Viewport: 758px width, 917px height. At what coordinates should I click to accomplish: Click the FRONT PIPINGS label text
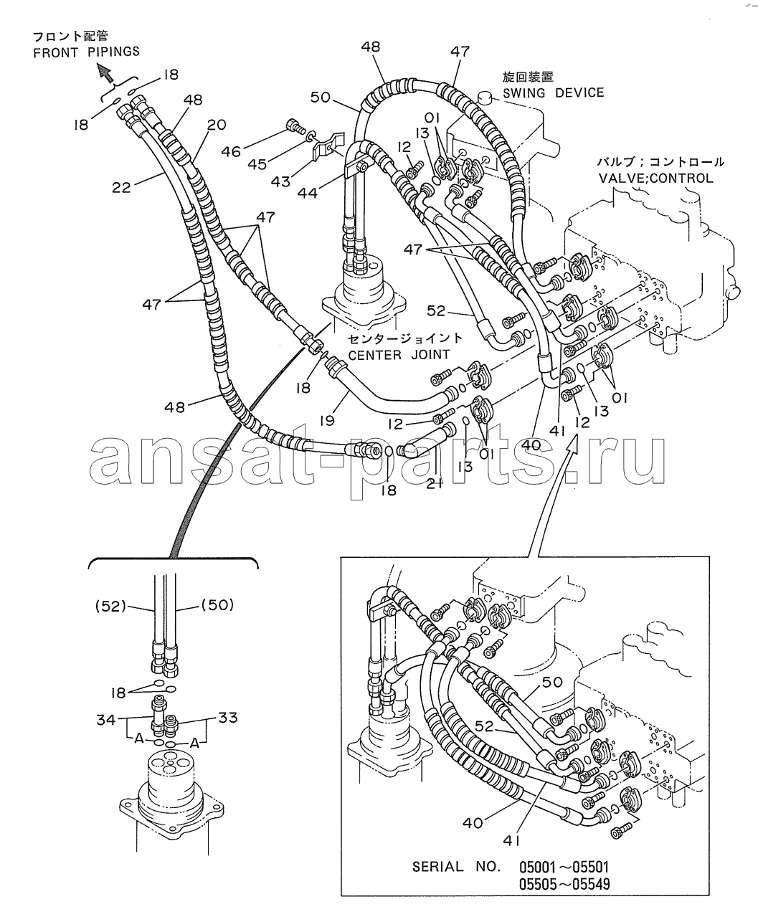point(87,52)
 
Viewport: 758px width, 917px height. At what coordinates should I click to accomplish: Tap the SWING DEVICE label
point(553,92)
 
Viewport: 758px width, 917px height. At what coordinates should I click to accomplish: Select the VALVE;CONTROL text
point(655,179)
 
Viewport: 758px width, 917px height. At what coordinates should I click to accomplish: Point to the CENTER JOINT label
point(399,354)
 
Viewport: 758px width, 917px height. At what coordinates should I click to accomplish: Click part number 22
point(121,188)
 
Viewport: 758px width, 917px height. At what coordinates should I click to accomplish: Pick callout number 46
point(231,152)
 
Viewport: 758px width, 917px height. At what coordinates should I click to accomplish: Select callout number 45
point(257,164)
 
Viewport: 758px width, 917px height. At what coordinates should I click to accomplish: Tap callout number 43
point(281,181)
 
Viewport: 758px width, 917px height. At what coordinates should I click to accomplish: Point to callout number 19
point(327,421)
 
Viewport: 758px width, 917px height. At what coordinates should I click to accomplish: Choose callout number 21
point(435,483)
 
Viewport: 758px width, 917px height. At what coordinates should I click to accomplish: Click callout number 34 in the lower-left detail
point(106,720)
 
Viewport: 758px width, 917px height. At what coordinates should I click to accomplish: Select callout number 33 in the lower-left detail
point(227,718)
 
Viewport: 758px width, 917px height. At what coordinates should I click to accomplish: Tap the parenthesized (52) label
point(110,607)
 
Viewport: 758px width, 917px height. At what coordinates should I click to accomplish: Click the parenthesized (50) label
point(217,605)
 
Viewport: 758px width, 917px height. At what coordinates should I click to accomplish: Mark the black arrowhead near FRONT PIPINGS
point(104,72)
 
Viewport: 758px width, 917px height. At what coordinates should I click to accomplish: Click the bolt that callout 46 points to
point(296,126)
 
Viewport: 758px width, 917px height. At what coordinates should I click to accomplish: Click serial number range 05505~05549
point(564,883)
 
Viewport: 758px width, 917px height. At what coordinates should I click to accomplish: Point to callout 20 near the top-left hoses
point(217,125)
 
